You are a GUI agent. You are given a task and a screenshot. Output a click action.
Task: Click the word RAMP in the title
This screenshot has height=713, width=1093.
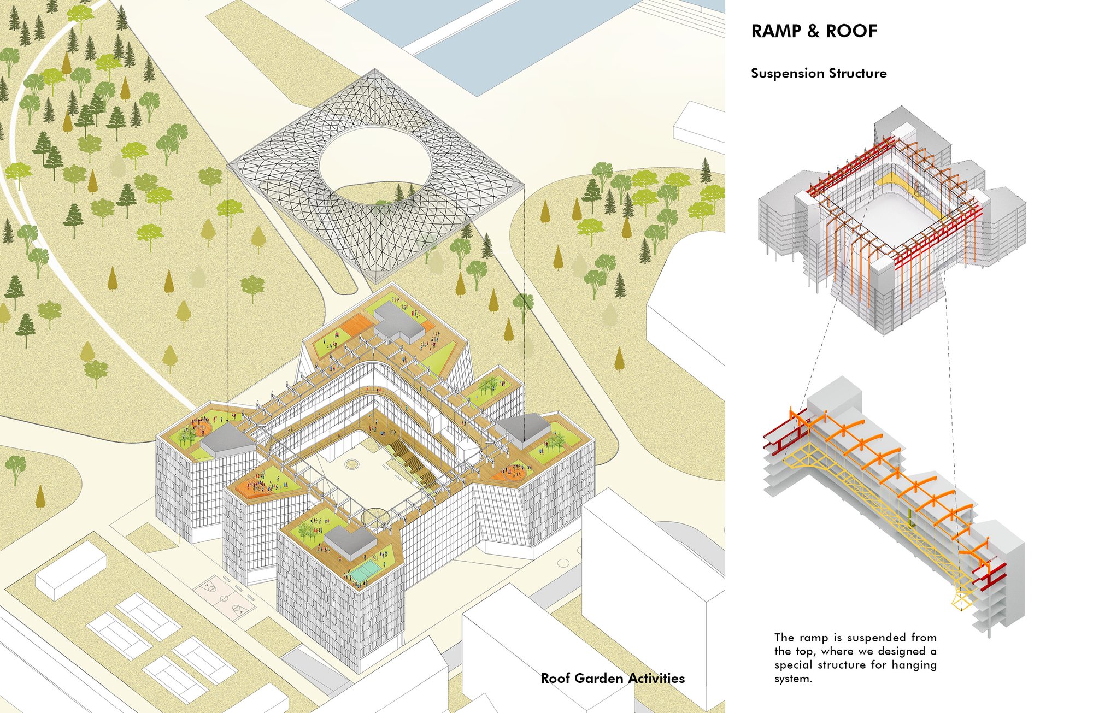point(776,31)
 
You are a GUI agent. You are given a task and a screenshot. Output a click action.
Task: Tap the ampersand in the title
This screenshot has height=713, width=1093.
point(813,31)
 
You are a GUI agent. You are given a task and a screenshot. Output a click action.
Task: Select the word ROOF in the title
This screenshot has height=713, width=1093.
point(851,31)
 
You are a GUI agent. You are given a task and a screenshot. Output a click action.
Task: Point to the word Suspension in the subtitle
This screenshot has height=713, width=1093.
point(788,74)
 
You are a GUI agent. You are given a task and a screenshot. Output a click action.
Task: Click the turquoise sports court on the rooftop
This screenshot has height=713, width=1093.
point(365,572)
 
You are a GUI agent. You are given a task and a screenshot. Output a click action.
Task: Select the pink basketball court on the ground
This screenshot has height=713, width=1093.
point(225,597)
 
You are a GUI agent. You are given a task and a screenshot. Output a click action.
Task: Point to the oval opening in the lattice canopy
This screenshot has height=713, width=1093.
point(375,164)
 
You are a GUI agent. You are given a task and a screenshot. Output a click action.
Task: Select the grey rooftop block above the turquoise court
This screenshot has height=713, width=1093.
point(350,539)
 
